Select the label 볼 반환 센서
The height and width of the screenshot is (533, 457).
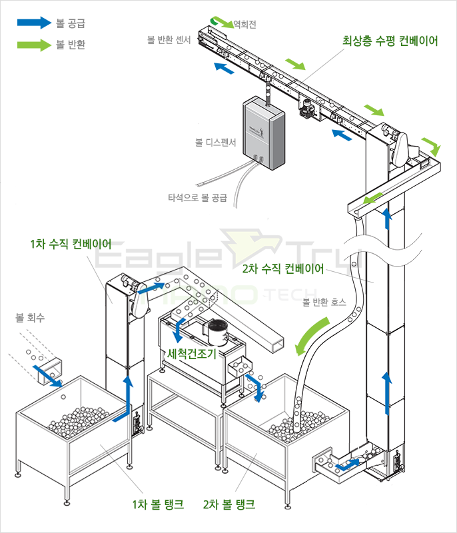(x=169, y=40)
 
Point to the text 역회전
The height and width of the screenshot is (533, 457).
(x=244, y=25)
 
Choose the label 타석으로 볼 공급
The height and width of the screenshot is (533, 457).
(x=197, y=197)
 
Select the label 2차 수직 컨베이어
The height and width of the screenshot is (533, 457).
(x=282, y=269)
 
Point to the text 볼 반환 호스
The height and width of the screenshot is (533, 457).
(x=325, y=302)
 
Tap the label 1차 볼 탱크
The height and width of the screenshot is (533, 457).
(x=159, y=504)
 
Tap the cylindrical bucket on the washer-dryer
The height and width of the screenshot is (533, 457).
(x=217, y=332)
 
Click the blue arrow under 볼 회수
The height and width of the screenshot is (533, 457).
(x=49, y=374)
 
